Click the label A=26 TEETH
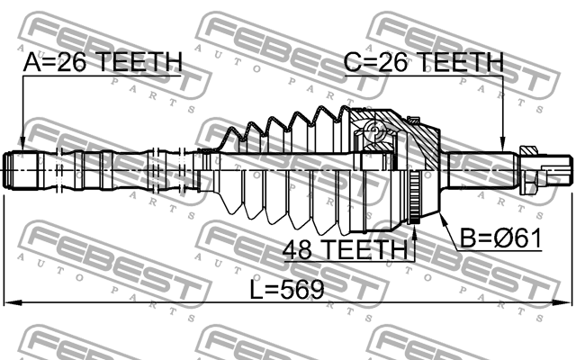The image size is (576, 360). coord(103,61)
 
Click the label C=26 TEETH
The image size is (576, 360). coord(424,61)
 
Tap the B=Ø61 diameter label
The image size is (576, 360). coord(501,238)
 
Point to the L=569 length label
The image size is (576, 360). coord(287,289)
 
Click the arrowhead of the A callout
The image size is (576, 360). coord(22,144)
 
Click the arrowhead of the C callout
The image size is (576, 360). coord(502,144)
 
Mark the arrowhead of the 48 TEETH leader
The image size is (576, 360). coord(415,232)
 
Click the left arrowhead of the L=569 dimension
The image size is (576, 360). coord(11,302)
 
